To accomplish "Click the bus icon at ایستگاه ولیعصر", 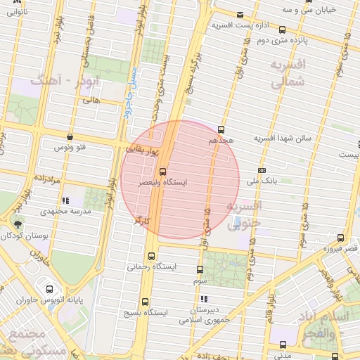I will point(163,171).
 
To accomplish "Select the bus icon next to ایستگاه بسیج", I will point(145,301).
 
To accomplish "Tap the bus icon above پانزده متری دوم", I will point(282,30).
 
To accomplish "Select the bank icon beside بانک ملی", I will point(262,170).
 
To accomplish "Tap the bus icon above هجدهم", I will point(221,129).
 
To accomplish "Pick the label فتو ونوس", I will point(70,148).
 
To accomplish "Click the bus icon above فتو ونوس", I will point(69,137).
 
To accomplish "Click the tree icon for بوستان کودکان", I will point(16,224).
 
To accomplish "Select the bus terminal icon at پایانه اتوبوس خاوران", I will point(49,288).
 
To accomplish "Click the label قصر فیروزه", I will point(340,248).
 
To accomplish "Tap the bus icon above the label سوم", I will point(200,270).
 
